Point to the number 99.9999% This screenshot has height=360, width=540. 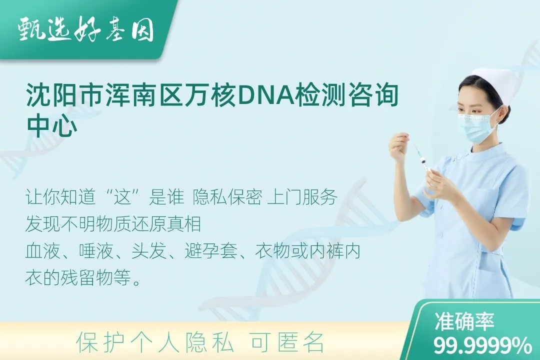coord(482,344)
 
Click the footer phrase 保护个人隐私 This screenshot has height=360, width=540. coord(155,342)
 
